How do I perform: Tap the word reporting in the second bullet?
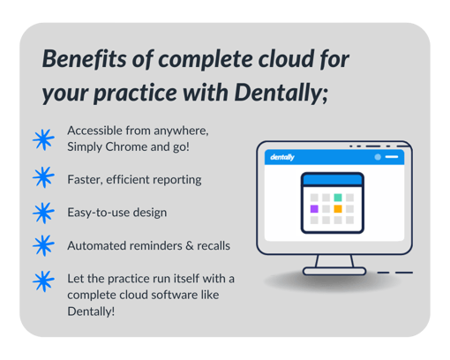tap(176, 179)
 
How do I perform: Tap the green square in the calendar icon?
tap(337, 198)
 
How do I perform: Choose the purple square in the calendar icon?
tap(313, 209)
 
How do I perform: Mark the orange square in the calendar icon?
tap(337, 209)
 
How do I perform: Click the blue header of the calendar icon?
tap(332, 179)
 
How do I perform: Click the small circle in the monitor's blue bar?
tap(378, 156)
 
